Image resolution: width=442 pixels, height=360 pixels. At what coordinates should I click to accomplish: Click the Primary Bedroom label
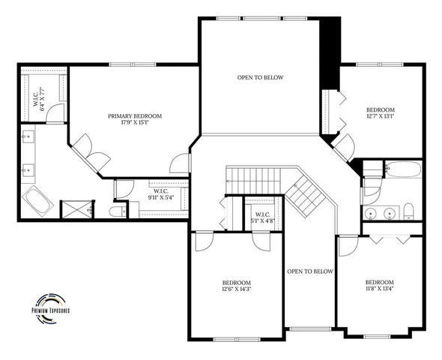(x=135, y=116)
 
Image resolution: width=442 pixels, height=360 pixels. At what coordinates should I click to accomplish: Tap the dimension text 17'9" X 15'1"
(x=135, y=124)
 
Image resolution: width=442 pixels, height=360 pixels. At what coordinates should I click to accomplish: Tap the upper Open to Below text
(x=261, y=78)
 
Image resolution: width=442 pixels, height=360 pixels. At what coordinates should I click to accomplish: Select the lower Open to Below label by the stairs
(x=309, y=271)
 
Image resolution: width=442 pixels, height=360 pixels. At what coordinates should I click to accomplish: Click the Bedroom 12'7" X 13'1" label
(x=380, y=111)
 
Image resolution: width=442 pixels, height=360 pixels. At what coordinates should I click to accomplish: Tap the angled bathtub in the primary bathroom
(x=37, y=201)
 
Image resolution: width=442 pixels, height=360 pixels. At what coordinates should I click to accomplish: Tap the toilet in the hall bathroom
(x=410, y=211)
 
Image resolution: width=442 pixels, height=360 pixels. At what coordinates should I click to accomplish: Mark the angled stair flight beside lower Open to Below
(x=306, y=196)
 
